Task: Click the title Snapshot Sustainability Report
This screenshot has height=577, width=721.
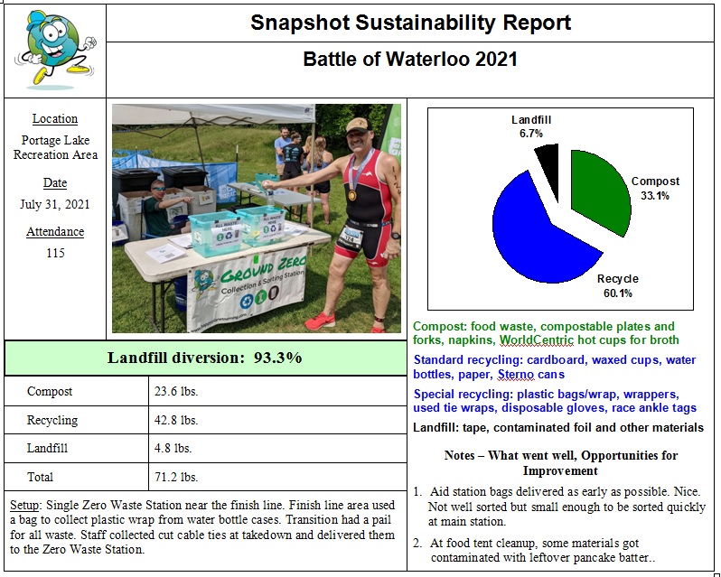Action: pyautogui.click(x=410, y=23)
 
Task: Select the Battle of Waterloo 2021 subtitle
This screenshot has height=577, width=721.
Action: pyautogui.click(x=410, y=60)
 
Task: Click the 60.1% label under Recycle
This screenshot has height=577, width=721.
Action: pyautogui.click(x=618, y=293)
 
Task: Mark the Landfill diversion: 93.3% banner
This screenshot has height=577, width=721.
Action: pyautogui.click(x=205, y=358)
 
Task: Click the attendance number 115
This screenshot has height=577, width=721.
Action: pyautogui.click(x=55, y=254)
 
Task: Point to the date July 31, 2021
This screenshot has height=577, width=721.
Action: pyautogui.click(x=55, y=205)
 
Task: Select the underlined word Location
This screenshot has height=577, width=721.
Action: pyautogui.click(x=55, y=119)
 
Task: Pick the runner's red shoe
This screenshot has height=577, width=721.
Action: pyautogui.click(x=321, y=321)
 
